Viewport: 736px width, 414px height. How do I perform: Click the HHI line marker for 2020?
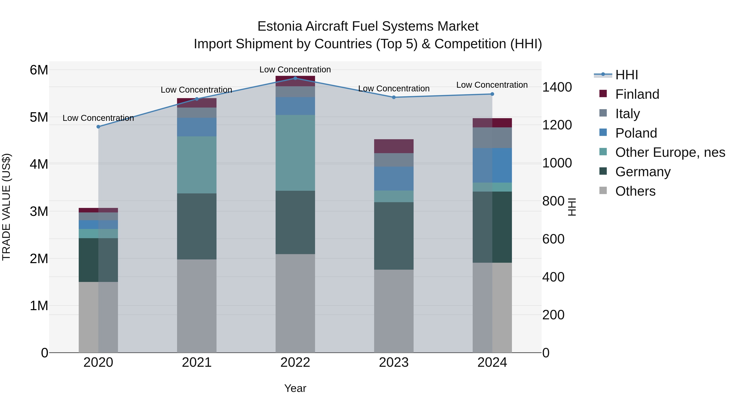point(98,127)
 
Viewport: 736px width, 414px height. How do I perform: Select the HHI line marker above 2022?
point(295,78)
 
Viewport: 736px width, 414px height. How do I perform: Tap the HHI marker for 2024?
point(492,94)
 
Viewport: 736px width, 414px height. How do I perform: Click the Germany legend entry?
point(643,172)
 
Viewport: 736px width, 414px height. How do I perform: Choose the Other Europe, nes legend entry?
point(670,153)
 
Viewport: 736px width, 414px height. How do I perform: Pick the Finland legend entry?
point(637,94)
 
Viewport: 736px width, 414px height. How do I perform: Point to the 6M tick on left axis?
point(39,70)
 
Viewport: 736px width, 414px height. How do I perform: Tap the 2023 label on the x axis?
point(394,362)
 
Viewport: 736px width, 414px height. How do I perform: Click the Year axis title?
point(295,388)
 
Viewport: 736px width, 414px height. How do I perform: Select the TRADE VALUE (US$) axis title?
point(6,207)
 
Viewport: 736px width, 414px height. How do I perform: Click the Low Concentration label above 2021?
point(196,90)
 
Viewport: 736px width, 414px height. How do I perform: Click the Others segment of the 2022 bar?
point(295,303)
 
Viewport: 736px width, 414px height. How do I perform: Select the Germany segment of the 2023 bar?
point(394,236)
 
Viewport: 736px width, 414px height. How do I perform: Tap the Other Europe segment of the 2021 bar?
point(196,165)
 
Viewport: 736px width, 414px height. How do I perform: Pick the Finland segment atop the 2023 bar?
point(394,146)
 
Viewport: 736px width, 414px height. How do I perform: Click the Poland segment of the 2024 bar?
point(492,165)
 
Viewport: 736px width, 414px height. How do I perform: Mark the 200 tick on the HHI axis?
point(553,315)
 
